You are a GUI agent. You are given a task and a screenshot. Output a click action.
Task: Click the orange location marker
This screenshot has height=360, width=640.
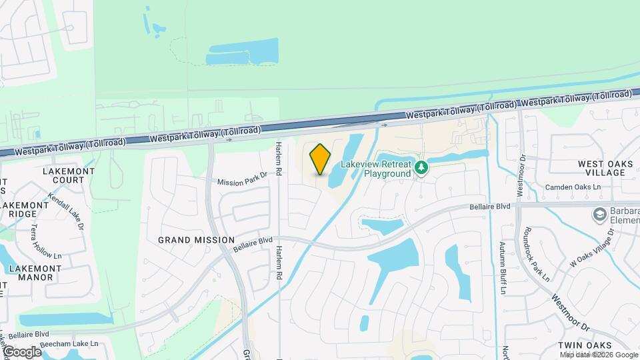[x=320, y=159]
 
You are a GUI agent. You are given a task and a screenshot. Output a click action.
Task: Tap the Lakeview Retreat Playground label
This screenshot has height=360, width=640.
[x=377, y=169]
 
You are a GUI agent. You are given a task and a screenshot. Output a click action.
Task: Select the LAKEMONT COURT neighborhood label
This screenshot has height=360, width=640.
[x=63, y=175]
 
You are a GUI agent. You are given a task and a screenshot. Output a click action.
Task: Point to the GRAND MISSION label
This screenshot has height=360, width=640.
[x=196, y=240]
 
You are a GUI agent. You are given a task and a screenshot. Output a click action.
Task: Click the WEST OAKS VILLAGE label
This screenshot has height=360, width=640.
[x=601, y=168]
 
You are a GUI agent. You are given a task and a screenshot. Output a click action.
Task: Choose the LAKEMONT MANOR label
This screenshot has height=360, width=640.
[x=35, y=273]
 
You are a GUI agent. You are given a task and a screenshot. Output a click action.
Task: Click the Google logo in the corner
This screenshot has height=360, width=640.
[x=22, y=352]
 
